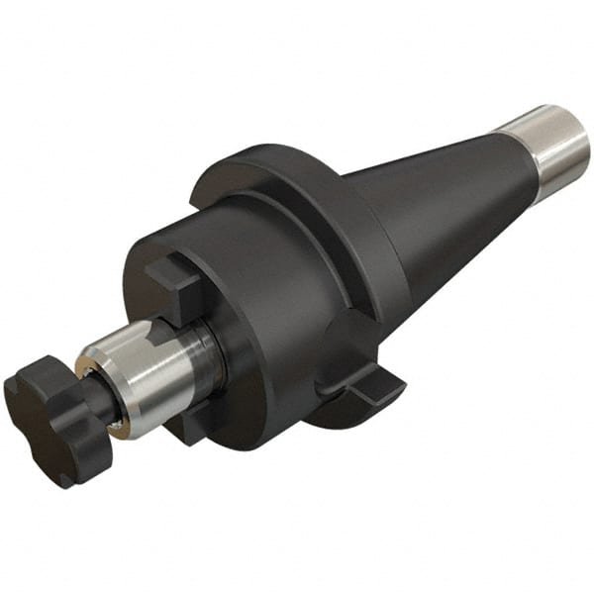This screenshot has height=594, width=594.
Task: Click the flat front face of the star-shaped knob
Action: click(45, 416)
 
